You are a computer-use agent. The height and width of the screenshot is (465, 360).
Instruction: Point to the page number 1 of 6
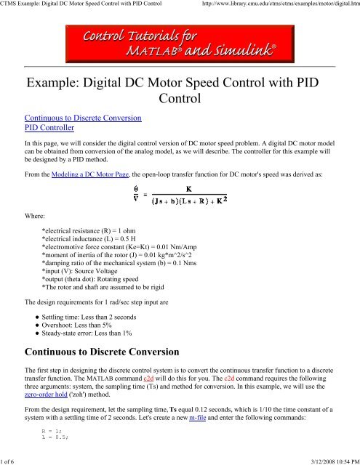tap(11, 460)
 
